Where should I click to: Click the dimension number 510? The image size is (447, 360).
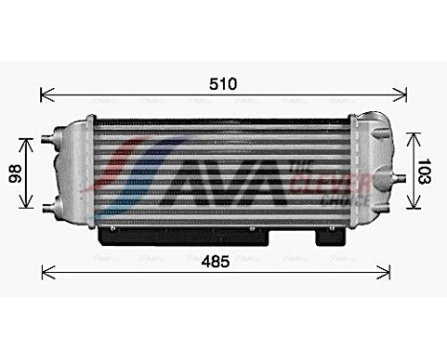[x=223, y=82]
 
